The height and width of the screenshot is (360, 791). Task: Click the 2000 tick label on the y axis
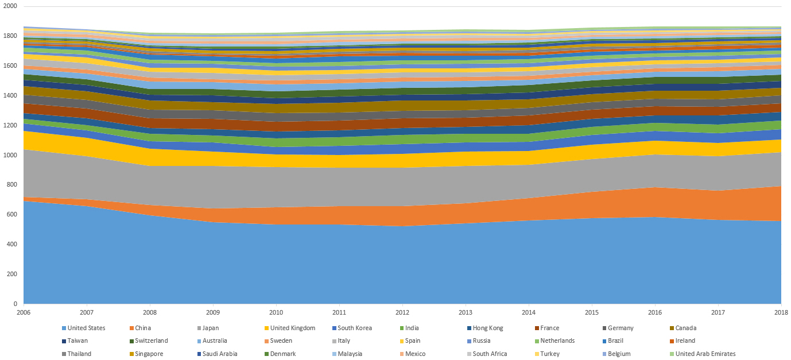10,6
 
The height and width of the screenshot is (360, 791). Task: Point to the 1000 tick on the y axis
10,155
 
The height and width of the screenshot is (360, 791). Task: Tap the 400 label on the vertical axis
11,244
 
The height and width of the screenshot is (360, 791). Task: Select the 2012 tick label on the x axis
402,312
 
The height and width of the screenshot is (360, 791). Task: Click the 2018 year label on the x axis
781,312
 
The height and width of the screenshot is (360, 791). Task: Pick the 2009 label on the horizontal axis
213,312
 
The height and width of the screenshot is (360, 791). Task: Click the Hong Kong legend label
487,328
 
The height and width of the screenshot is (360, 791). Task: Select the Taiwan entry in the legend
77,341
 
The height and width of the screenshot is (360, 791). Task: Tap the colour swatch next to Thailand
63,354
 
